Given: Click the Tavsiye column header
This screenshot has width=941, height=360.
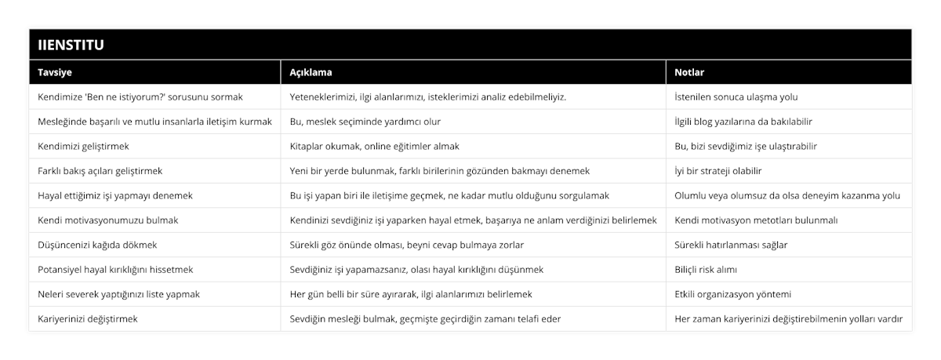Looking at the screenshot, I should coord(54,72).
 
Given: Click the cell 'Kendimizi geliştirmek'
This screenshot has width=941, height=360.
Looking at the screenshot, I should coord(83,146).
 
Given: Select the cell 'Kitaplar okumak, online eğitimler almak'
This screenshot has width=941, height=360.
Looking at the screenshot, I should coord(375,146).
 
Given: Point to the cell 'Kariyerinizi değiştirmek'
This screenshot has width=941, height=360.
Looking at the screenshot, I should coord(89,319).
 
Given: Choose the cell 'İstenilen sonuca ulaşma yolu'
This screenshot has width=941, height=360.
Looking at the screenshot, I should coord(736,97).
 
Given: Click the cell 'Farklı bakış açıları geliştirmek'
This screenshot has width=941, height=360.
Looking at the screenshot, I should coord(100,171).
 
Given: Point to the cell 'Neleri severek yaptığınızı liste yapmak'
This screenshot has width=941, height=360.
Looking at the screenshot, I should coord(118,294).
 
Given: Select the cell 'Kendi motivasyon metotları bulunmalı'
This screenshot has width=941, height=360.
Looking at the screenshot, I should coord(756,220).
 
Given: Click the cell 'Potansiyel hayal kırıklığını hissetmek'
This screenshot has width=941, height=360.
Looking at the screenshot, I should coord(115,269).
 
